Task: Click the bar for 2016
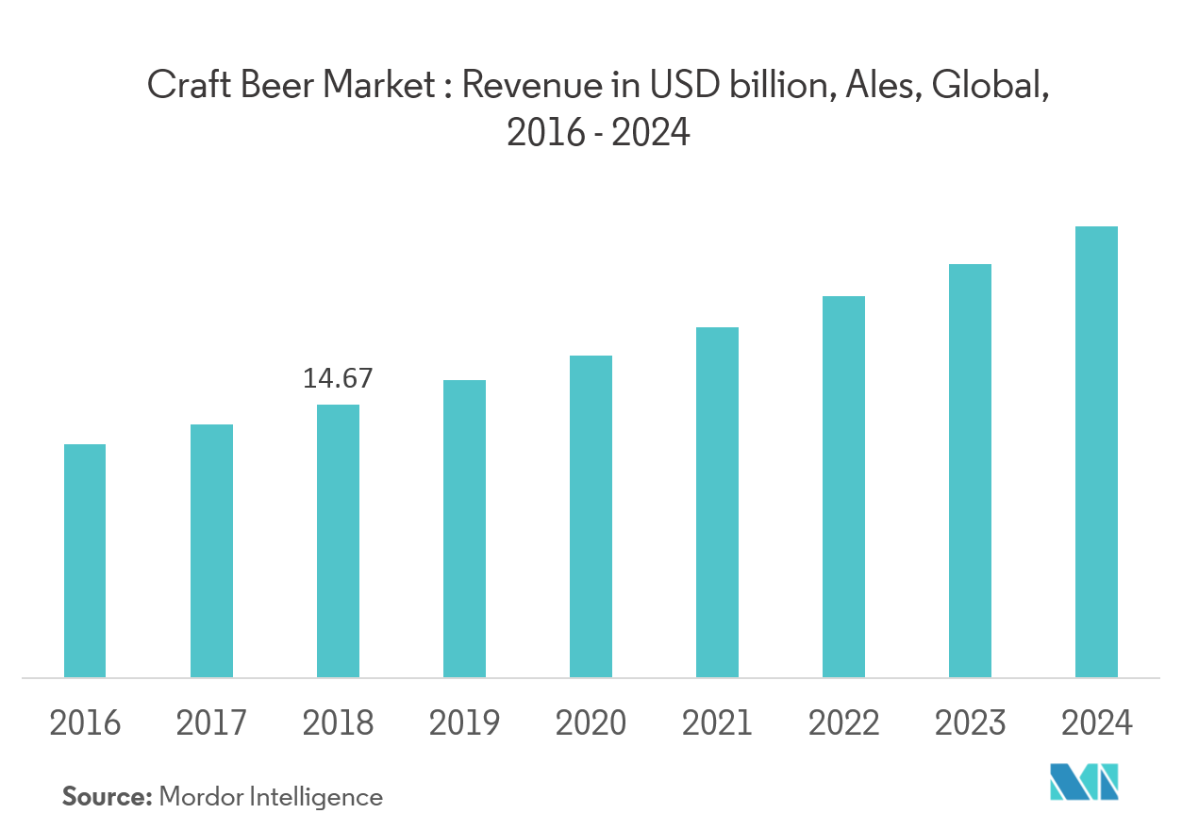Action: pyautogui.click(x=85, y=560)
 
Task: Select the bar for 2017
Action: pyautogui.click(x=211, y=551)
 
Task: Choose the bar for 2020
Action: pyautogui.click(x=591, y=516)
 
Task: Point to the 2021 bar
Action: pyautogui.click(x=717, y=502)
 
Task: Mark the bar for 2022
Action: pyautogui.click(x=843, y=487)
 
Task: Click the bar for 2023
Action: pyautogui.click(x=970, y=471)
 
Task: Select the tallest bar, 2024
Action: pyautogui.click(x=1096, y=452)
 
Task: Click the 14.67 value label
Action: pyautogui.click(x=338, y=379)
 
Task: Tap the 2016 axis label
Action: pyautogui.click(x=85, y=723)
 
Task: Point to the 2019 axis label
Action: pyautogui.click(x=464, y=723)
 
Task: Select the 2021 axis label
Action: pyautogui.click(x=717, y=723)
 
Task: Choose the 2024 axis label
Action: pyautogui.click(x=1096, y=723)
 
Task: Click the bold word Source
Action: pyautogui.click(x=107, y=797)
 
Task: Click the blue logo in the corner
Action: pyautogui.click(x=1084, y=783)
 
